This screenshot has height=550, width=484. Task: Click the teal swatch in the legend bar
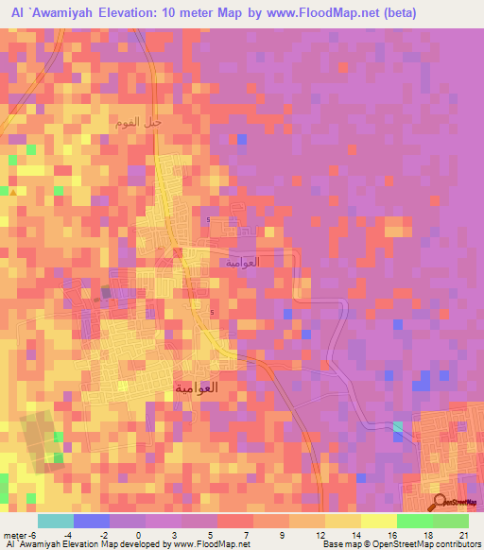(55, 521)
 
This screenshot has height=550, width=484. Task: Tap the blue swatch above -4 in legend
(91, 521)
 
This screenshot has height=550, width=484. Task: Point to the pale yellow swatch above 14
(342, 521)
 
